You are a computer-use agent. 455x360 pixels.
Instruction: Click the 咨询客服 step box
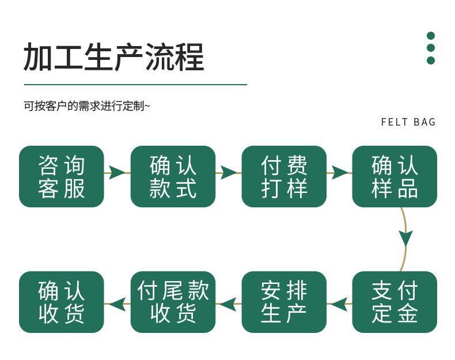pyautogui.click(x=61, y=176)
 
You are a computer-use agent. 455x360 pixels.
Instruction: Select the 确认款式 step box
pyautogui.click(x=173, y=176)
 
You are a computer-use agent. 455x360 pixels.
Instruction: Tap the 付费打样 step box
pyautogui.click(x=284, y=176)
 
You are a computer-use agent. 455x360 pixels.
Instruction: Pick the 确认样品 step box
pyautogui.click(x=395, y=176)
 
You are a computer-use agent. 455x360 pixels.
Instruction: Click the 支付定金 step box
pyautogui.click(x=395, y=302)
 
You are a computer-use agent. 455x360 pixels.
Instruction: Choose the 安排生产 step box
pyautogui.click(x=284, y=302)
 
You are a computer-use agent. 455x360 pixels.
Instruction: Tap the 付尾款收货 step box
pyautogui.click(x=173, y=302)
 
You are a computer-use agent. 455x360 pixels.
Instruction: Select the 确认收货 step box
pyautogui.click(x=61, y=302)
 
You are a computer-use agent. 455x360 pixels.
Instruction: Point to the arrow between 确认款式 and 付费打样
pyautogui.click(x=229, y=173)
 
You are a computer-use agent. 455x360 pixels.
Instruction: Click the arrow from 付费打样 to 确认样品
pyautogui.click(x=339, y=173)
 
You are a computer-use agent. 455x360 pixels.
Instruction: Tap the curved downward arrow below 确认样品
pyautogui.click(x=405, y=240)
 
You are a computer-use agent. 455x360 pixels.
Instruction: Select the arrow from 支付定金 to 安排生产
pyautogui.click(x=339, y=304)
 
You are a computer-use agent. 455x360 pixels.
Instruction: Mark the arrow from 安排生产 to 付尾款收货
pyautogui.click(x=229, y=304)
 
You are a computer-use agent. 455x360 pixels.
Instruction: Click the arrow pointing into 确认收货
pyautogui.click(x=117, y=304)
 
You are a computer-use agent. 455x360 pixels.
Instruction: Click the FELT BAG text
pyautogui.click(x=408, y=122)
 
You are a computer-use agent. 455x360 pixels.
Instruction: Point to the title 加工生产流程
pyautogui.click(x=113, y=56)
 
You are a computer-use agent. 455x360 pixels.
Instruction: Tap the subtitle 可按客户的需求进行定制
pyautogui.click(x=86, y=106)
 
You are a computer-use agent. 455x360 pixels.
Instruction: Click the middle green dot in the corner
pyautogui.click(x=431, y=48)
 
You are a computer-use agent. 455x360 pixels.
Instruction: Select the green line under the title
pyautogui.click(x=135, y=85)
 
